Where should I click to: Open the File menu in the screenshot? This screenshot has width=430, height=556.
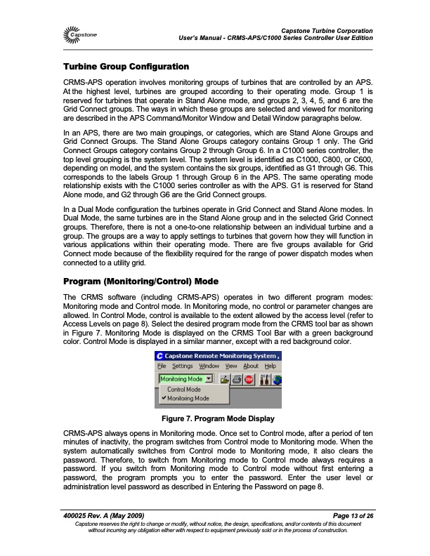click(x=161, y=366)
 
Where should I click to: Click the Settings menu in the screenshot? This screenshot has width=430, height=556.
click(x=182, y=366)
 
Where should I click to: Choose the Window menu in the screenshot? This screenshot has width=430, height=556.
click(x=209, y=366)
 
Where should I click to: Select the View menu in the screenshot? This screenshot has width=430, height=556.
click(x=231, y=366)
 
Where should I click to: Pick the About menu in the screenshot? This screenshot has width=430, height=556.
click(x=251, y=366)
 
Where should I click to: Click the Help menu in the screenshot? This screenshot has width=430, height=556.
click(x=271, y=366)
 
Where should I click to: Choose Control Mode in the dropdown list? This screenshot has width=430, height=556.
click(x=184, y=389)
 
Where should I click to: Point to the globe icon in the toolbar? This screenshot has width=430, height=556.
click(x=278, y=379)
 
